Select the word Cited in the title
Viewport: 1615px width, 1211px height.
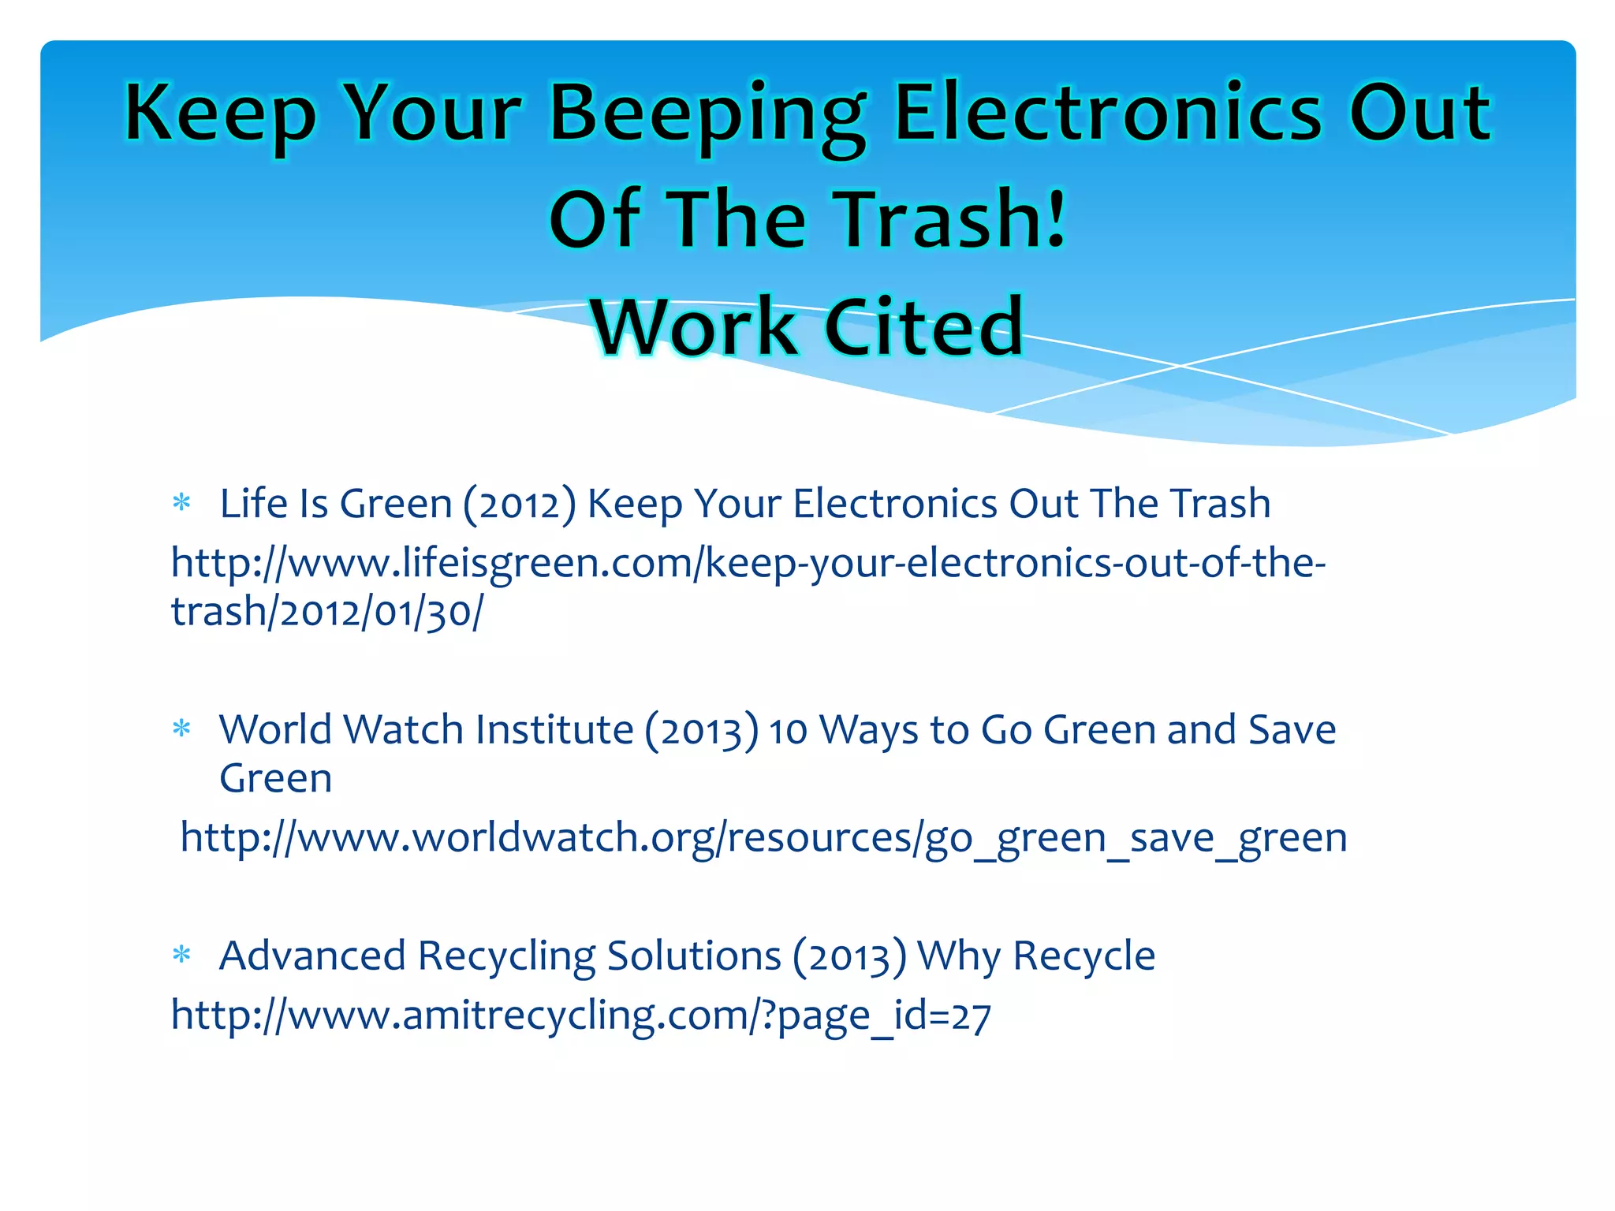[x=923, y=326]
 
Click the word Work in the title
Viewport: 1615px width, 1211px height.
[x=693, y=326]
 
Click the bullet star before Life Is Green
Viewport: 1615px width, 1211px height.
[x=182, y=503]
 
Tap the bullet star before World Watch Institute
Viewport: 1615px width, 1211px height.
[x=182, y=729]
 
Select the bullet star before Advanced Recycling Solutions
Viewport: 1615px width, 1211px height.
[x=182, y=956]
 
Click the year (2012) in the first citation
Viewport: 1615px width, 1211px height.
[x=520, y=505]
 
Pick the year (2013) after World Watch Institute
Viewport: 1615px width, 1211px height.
[x=702, y=731]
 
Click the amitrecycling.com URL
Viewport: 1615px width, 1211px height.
[x=580, y=1015]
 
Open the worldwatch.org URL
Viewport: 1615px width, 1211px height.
[x=763, y=837]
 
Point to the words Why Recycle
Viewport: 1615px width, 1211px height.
[x=1036, y=956]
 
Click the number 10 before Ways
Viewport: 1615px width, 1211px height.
[x=788, y=731]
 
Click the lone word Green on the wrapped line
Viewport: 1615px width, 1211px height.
[x=275, y=779]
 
